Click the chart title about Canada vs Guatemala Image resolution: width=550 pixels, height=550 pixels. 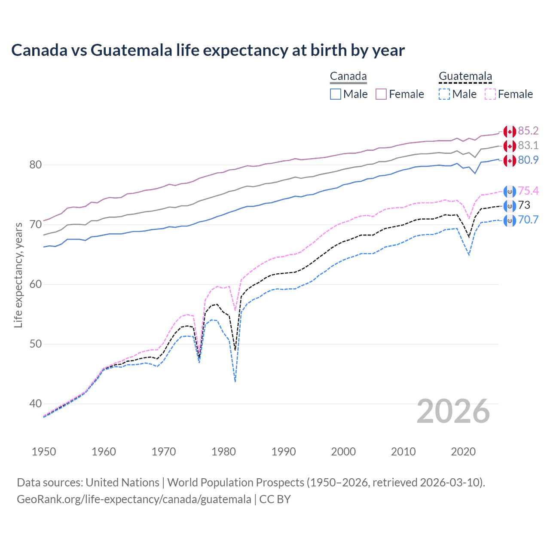coord(208,50)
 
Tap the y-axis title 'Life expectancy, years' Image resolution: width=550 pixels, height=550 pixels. coord(18,275)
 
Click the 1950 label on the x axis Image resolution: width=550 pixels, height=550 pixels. coord(44,452)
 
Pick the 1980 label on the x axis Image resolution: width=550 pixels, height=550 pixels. coord(223,452)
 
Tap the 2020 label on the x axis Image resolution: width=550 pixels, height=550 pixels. coord(463,452)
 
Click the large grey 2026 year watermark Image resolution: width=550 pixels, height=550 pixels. coord(453,412)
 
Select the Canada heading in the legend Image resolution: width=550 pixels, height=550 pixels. coord(348,76)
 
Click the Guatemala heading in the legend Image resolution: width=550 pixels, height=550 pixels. coord(465,76)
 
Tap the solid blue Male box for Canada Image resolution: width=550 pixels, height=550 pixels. coord(336,94)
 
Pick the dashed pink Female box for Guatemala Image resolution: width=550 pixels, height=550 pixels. coord(490,94)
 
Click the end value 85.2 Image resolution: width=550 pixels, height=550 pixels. coord(528,131)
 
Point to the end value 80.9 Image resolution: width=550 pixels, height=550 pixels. coord(528,160)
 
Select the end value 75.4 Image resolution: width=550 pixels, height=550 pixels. coord(528,191)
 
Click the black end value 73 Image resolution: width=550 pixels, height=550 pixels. coord(524,205)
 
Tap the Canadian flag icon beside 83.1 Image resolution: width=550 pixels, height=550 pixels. coord(510,146)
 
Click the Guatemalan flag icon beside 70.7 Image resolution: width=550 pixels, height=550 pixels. coord(510,221)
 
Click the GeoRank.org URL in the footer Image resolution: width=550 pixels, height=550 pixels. coord(134,499)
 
